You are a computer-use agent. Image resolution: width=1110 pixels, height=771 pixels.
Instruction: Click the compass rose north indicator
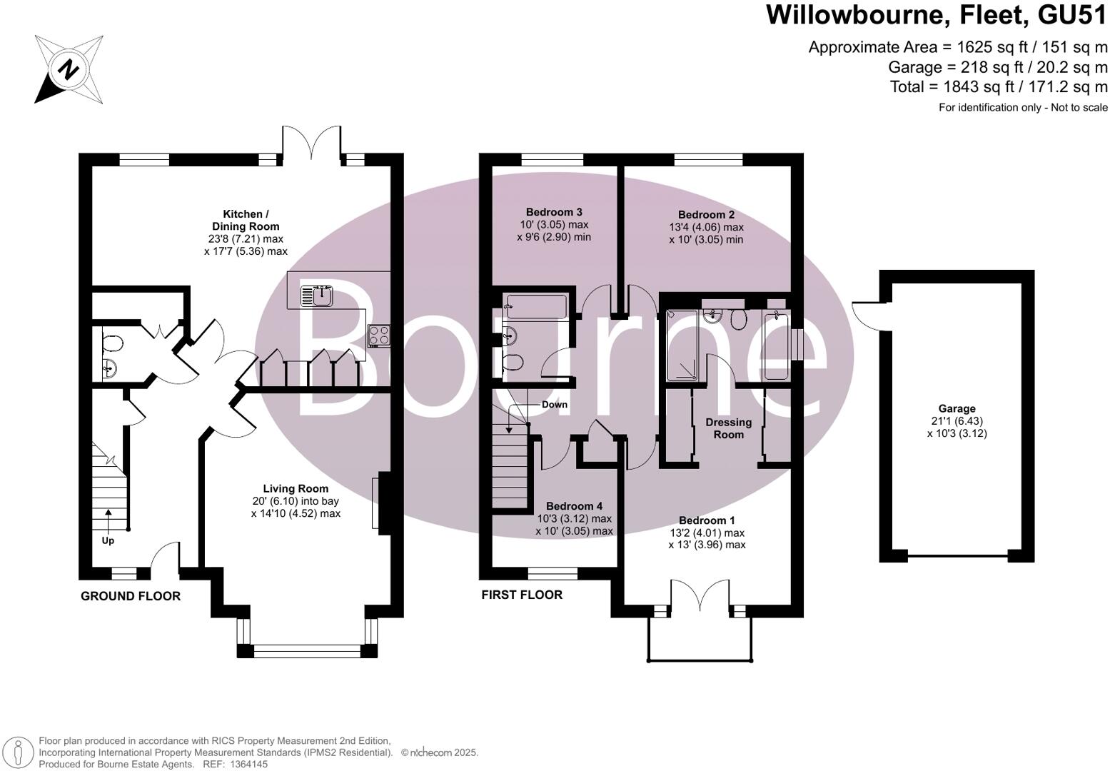69,70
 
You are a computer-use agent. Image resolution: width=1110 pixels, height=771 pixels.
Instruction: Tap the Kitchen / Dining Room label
246,220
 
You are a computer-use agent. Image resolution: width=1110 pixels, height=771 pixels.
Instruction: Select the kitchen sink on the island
317,294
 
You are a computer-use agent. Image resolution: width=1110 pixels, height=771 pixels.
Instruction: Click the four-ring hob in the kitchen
378,335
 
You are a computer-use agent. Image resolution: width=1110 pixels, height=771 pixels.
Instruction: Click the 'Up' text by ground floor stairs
108,540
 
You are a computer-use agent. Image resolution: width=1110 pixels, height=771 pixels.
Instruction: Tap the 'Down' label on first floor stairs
554,404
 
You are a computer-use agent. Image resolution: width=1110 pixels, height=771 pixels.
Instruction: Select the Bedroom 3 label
554,212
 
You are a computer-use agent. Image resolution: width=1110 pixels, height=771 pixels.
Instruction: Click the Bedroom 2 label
706,215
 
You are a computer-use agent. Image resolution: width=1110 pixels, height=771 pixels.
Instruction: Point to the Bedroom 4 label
574,506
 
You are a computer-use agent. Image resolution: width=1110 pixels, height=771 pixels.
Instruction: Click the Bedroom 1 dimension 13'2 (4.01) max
707,533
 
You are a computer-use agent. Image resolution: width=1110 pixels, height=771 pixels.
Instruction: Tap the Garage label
957,408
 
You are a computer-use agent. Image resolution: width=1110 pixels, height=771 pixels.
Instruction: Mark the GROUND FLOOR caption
131,596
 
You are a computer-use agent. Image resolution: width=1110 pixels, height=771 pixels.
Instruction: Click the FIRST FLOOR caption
522,595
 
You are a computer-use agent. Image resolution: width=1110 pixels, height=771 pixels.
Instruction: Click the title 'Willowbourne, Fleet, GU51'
937,16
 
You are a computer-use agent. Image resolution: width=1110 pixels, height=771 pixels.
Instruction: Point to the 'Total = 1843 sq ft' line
999,86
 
